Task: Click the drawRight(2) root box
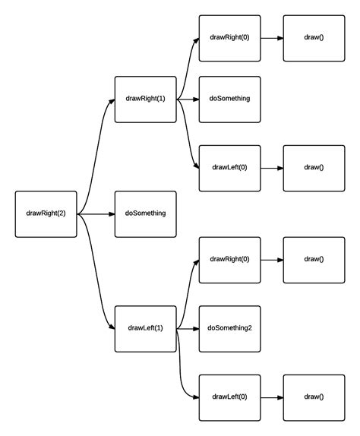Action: (46, 213)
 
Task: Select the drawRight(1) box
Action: (145, 99)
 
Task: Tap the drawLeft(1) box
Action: (145, 328)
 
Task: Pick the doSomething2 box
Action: (229, 328)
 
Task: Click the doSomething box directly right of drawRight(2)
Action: (145, 213)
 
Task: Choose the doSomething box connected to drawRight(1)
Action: (229, 99)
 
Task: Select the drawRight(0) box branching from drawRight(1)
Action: (229, 37)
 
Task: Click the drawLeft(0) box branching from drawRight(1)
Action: (229, 167)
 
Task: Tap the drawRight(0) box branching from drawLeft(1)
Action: (229, 259)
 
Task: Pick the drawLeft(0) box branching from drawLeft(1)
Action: (229, 397)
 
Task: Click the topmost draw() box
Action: (314, 37)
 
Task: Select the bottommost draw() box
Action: (314, 397)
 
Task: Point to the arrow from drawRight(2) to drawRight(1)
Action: (96, 152)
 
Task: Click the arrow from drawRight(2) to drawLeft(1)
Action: (96, 275)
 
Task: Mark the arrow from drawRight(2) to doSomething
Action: (96, 214)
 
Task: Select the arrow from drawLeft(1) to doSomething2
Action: (188, 329)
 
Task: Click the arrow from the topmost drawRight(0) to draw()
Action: (272, 38)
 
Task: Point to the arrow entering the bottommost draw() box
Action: (272, 397)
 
